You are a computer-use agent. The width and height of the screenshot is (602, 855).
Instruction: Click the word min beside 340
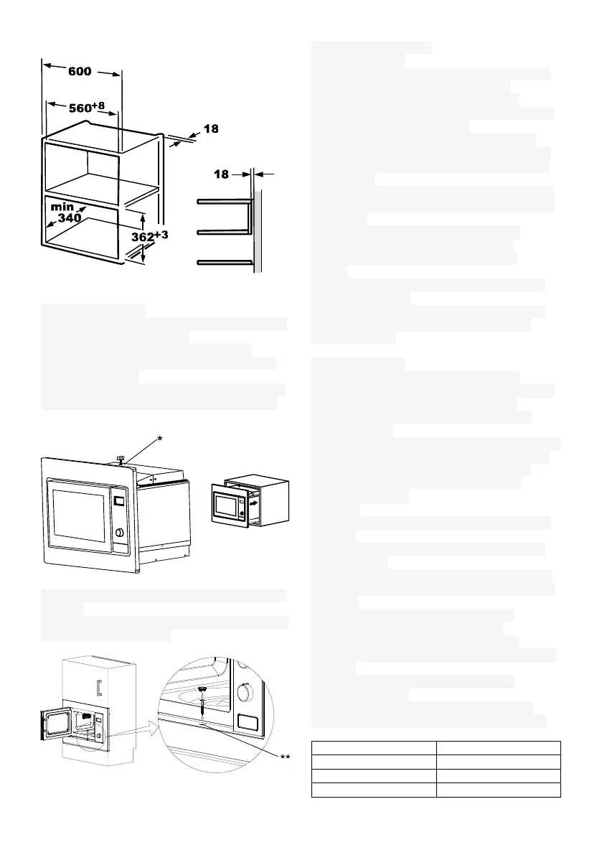63,206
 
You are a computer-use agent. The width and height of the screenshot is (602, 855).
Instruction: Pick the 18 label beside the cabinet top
210,130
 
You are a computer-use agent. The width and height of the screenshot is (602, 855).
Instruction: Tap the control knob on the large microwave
118,533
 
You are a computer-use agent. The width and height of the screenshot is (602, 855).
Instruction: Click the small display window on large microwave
119,501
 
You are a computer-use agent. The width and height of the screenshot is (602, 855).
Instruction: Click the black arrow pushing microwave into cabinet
251,503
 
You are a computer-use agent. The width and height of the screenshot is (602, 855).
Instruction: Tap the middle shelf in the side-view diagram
222,232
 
